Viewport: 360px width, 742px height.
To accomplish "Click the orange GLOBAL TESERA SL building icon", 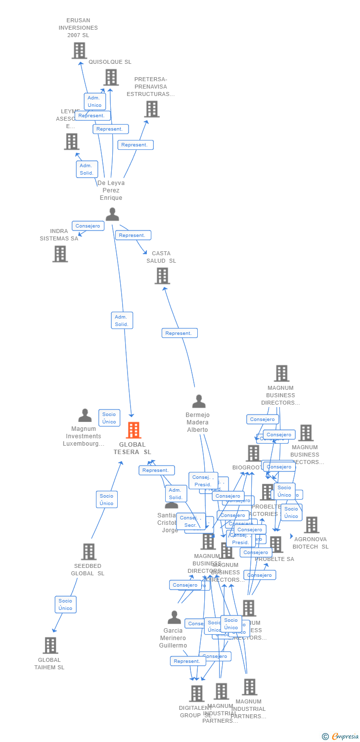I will coord(134,430).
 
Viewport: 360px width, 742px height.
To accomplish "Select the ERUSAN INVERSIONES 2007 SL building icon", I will coord(79,50).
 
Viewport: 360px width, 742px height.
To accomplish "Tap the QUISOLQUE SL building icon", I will coord(111,77).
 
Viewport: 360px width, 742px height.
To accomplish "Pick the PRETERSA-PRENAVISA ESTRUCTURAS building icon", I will coord(152,109).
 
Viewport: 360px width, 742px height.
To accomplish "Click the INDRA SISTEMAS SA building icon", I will coord(60,254).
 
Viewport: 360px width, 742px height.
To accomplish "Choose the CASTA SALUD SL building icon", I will coord(162,276).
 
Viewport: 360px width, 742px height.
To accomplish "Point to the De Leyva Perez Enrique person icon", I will coord(112,214).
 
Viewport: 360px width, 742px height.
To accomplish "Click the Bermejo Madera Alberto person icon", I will coord(199,401).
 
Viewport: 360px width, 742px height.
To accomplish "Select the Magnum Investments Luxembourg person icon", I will coord(85,416).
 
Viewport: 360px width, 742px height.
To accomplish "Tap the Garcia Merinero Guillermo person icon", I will coord(174,617).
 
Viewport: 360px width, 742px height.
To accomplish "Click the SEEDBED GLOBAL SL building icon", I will coord(89,552).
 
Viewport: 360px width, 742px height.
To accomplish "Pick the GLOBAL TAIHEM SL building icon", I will coord(50,646).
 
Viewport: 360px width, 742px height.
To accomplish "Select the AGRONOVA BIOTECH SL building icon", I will coord(312,525).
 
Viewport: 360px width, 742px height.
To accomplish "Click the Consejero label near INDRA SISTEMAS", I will coord(88,226).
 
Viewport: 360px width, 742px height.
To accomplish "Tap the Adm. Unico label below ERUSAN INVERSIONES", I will coord(94,101).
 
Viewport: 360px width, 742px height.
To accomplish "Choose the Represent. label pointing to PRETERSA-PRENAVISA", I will coord(135,145).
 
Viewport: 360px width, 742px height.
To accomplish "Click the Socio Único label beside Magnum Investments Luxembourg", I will coord(109,418).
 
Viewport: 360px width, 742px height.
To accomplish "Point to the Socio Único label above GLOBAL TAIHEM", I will coord(65,604).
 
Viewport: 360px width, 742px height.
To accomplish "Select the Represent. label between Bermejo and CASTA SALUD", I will coord(180,333).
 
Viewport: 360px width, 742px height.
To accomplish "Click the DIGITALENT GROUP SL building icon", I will coord(197,694).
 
